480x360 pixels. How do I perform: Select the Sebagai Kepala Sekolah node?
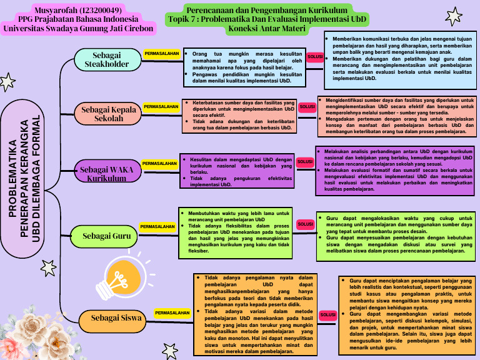[x=109, y=114]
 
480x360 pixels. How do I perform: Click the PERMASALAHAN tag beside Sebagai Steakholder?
[x=161, y=54]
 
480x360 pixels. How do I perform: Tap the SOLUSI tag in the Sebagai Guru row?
[x=305, y=224]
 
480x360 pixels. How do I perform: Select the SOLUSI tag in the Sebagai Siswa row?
[x=328, y=316]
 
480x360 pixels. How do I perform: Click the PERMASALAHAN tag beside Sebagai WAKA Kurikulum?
[x=159, y=163]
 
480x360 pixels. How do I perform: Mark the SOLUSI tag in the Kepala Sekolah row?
[x=307, y=107]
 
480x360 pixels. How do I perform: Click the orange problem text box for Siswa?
[x=254, y=313]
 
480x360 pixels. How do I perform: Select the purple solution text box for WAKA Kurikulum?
[x=394, y=169]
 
